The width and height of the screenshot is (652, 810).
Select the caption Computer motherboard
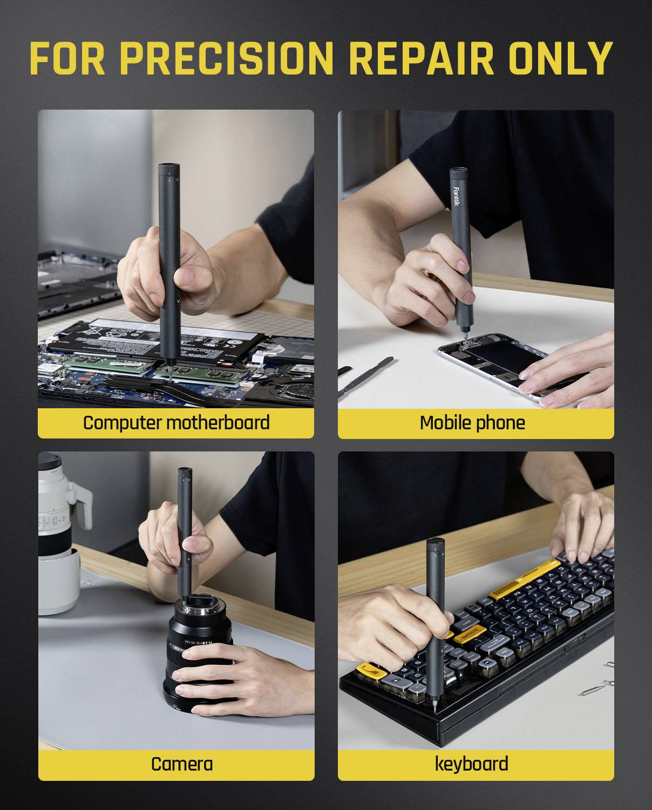pos(176,422)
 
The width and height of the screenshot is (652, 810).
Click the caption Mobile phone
pos(472,422)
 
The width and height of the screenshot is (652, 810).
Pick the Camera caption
pos(181,764)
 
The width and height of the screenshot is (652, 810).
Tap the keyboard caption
pos(471,764)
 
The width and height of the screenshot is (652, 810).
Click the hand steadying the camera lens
pos(216,675)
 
